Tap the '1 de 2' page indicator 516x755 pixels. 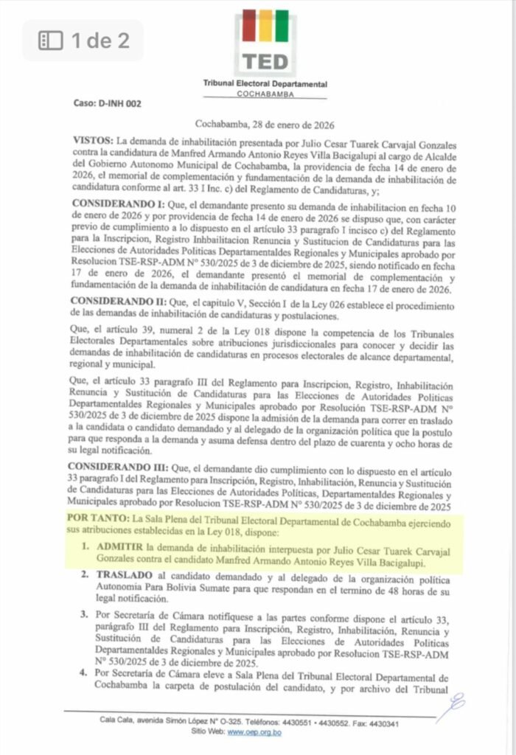coord(100,41)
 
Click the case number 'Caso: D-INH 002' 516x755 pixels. coord(107,103)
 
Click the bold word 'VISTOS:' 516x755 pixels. coord(94,139)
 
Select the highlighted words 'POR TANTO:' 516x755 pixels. coord(97,520)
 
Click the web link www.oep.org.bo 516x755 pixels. coord(254,732)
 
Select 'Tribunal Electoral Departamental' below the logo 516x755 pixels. coord(265,84)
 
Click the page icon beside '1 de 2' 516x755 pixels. coord(50,41)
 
